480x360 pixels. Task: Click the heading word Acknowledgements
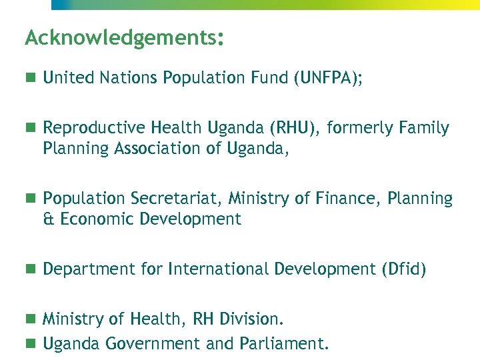[120, 37]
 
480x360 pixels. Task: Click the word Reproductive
[94, 127]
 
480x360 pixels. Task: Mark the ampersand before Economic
[49, 219]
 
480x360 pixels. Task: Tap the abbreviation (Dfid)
[403, 269]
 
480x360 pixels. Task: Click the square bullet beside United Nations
[30, 78]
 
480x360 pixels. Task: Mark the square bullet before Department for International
[30, 269]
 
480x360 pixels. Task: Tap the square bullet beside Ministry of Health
[30, 319]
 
